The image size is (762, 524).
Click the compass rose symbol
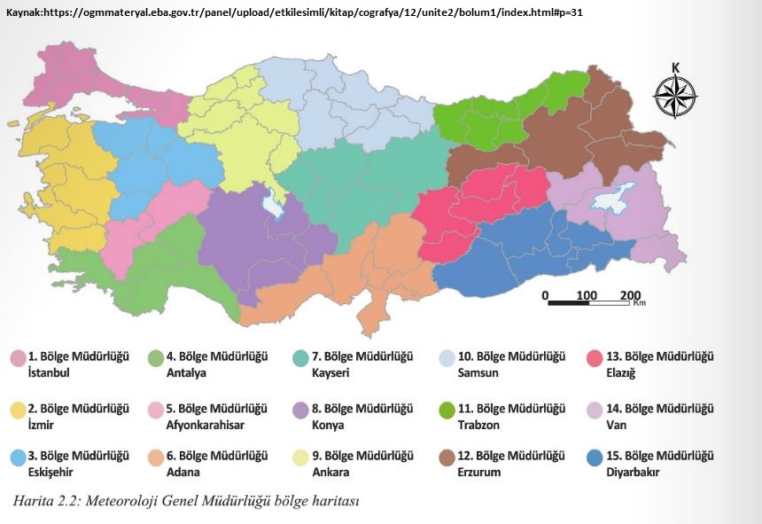(675, 96)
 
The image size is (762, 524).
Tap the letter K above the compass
(675, 67)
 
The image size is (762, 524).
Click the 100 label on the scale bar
(586, 294)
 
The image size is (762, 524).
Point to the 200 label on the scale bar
(630, 294)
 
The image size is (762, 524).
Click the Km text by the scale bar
(639, 302)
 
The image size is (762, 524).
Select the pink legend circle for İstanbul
(17, 358)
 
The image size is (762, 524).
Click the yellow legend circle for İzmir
(17, 410)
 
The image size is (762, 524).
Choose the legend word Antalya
(186, 372)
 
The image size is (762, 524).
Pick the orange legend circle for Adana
(155, 458)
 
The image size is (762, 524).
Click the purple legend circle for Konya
(300, 410)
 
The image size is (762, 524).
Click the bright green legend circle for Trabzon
(448, 410)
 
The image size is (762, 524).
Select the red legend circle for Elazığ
(596, 358)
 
